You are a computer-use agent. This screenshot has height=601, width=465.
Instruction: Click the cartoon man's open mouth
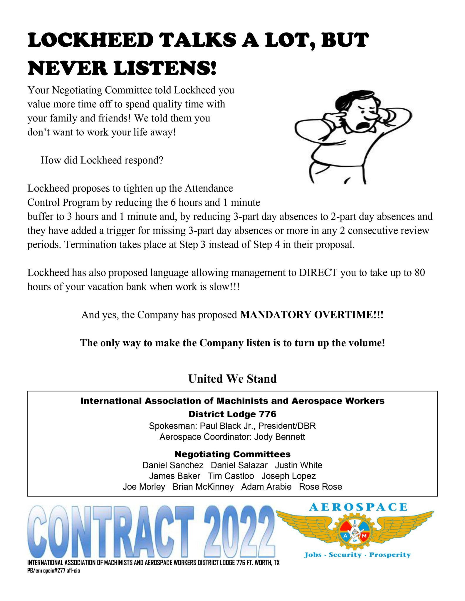361,125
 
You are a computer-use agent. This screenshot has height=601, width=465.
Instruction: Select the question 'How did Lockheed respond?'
102,160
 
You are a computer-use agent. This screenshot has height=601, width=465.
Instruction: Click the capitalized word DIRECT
318,273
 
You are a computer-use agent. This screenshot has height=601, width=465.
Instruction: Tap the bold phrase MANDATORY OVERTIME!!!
312,315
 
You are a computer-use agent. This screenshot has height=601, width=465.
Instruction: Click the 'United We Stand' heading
232,379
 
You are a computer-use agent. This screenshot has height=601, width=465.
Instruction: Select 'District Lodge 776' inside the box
232,414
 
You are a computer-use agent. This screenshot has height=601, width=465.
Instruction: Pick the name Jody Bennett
279,437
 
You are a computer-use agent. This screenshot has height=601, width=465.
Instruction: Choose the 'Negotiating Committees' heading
232,454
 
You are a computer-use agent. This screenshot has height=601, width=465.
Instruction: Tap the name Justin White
298,465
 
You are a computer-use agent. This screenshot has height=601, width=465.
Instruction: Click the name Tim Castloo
231,476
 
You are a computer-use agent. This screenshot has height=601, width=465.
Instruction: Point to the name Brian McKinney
203,487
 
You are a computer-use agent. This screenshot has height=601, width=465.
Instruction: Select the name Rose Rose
320,487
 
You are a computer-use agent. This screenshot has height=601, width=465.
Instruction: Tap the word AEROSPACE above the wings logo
358,507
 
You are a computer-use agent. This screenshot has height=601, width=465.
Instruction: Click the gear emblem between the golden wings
355,533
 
